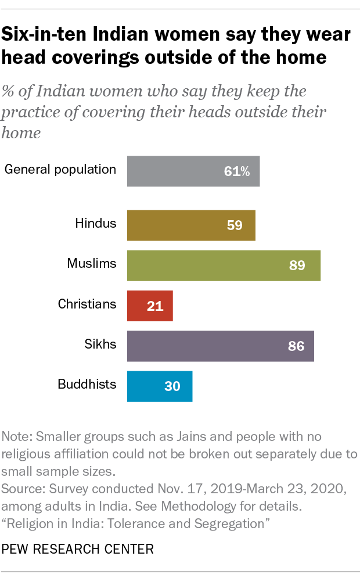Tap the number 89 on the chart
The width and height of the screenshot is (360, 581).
297,266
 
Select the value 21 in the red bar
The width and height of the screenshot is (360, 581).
155,306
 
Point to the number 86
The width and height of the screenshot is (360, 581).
296,346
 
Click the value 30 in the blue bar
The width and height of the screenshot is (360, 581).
172,386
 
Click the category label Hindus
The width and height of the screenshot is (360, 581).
96,223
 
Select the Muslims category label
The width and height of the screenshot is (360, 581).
92,263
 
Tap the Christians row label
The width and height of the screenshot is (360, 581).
87,304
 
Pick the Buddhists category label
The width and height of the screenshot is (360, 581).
87,384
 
